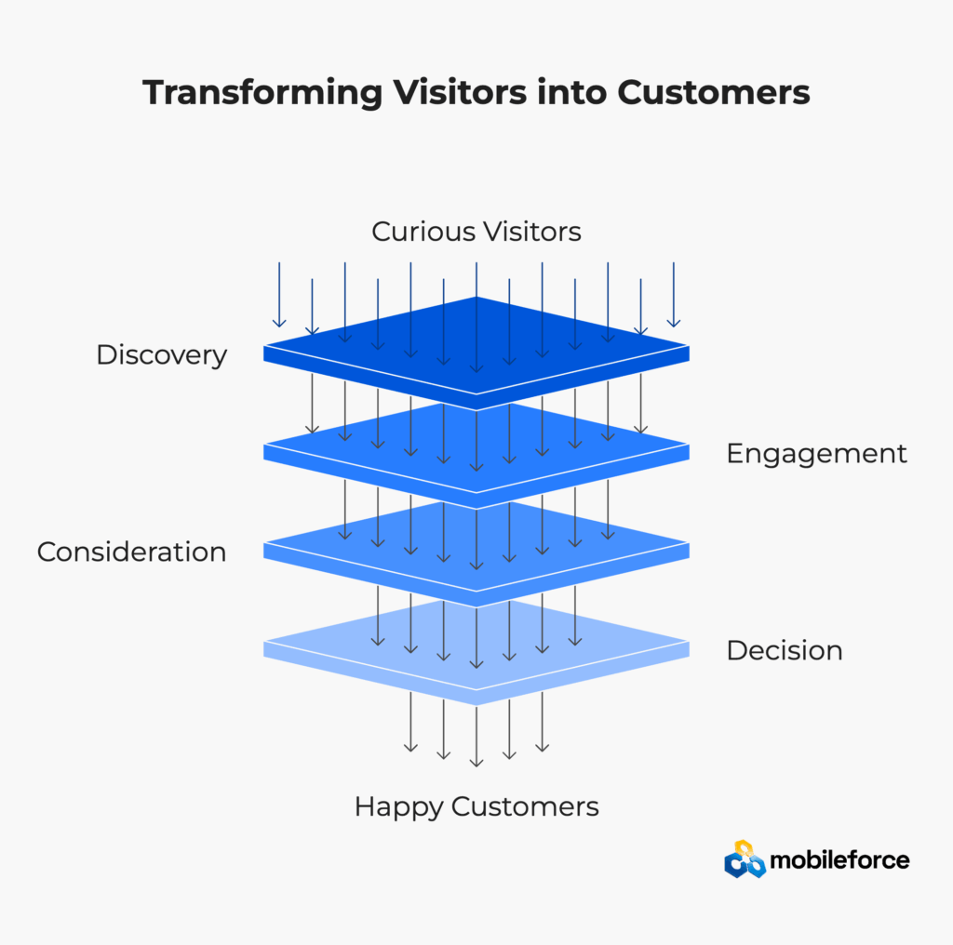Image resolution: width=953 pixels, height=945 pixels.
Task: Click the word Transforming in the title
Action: [x=262, y=94]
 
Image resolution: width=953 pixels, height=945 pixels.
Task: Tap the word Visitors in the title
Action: [x=460, y=92]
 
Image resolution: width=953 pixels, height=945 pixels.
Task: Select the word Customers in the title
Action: [x=714, y=92]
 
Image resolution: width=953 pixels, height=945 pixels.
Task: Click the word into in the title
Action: [x=572, y=92]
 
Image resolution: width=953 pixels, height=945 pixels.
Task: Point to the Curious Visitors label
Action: [x=476, y=232]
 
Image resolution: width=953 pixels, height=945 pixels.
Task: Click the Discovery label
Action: [x=162, y=355]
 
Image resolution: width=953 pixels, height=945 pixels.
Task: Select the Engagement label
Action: [x=816, y=454]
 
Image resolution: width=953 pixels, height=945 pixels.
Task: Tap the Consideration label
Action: [x=132, y=552]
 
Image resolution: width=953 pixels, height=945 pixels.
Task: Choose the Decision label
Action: [x=785, y=650]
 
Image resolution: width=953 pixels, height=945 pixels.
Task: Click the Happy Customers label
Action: [x=476, y=807]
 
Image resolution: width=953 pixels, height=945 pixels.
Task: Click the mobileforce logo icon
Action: [x=745, y=859]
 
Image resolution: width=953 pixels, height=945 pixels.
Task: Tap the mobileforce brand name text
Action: [x=839, y=860]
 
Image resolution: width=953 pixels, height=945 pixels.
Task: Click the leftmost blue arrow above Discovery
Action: [x=279, y=295]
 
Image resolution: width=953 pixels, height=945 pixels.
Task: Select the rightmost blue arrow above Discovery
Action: [x=674, y=295]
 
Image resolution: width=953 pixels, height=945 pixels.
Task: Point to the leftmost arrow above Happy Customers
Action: [x=410, y=722]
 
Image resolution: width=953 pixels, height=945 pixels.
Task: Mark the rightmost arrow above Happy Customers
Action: [x=543, y=722]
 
